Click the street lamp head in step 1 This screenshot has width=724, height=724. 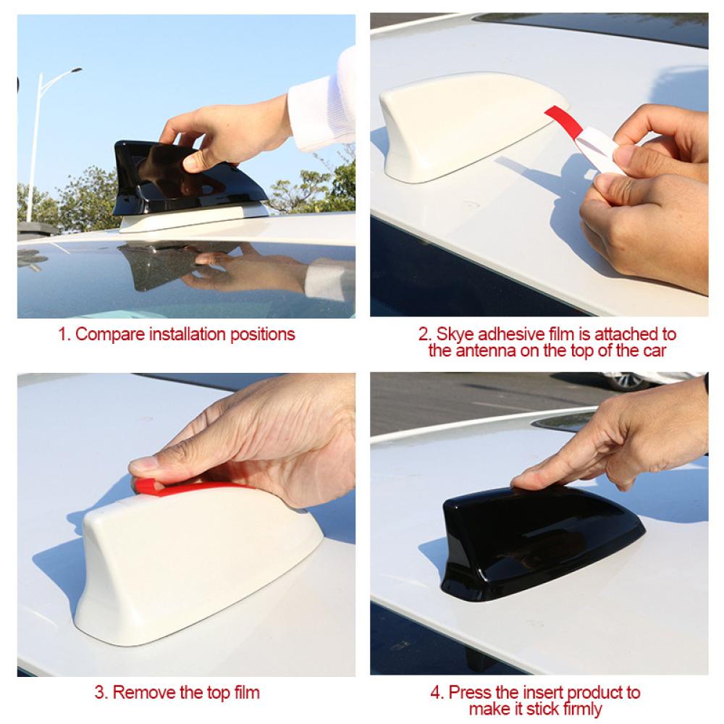75,71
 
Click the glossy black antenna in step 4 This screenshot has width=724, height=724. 540,540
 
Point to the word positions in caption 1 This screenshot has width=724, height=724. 262,335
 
